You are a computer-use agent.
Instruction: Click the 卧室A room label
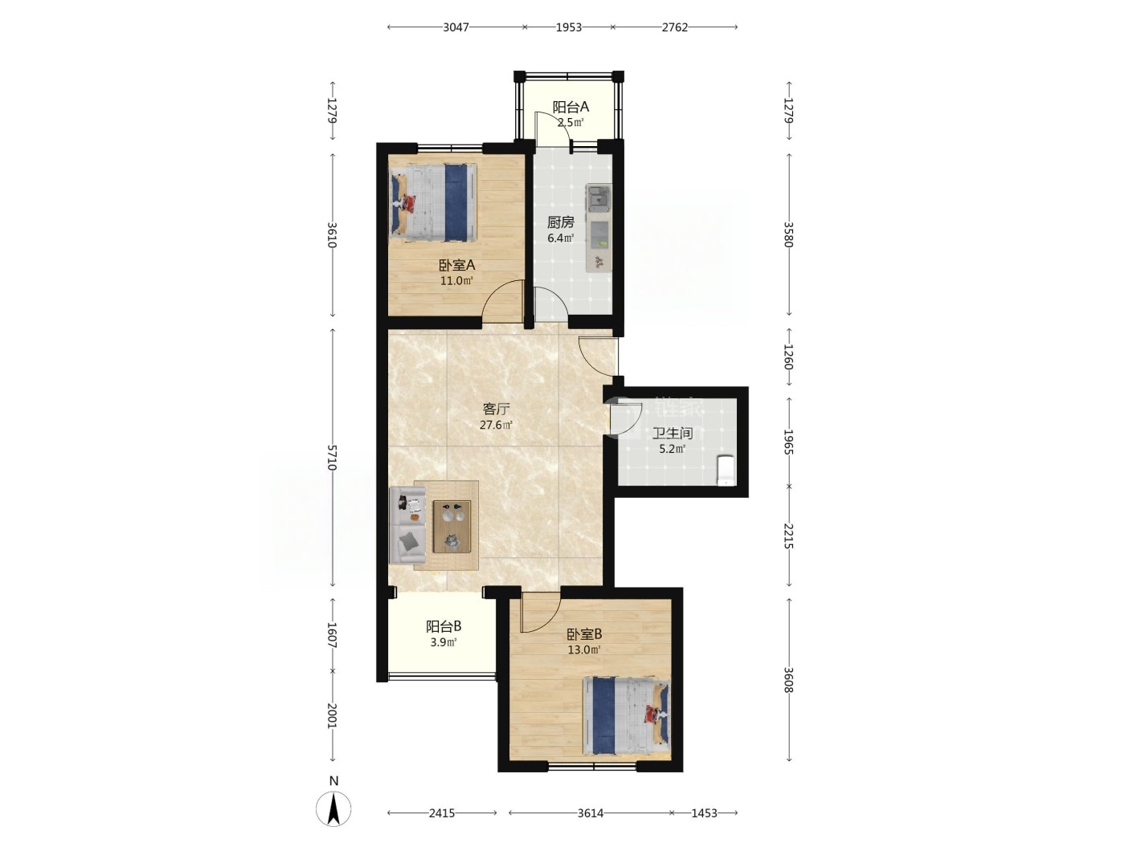(456, 265)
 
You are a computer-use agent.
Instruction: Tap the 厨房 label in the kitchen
(560, 222)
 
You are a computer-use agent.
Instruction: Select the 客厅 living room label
(496, 409)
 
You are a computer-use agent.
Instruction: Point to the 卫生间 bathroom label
(672, 434)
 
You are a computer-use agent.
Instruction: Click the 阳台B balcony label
(444, 626)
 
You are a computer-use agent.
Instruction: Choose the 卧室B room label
(583, 634)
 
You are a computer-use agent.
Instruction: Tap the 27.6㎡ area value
(496, 425)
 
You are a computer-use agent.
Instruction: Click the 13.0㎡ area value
(583, 650)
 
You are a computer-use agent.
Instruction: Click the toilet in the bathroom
(726, 470)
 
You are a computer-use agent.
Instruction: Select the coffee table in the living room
(452, 526)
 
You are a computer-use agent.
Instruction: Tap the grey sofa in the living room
(407, 525)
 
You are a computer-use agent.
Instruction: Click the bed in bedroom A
(434, 202)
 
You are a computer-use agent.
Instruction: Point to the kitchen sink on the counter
(599, 198)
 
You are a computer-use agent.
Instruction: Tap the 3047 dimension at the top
(456, 27)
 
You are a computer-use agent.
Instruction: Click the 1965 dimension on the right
(788, 442)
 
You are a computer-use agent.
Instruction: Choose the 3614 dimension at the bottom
(591, 812)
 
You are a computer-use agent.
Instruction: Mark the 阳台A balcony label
(571, 107)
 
